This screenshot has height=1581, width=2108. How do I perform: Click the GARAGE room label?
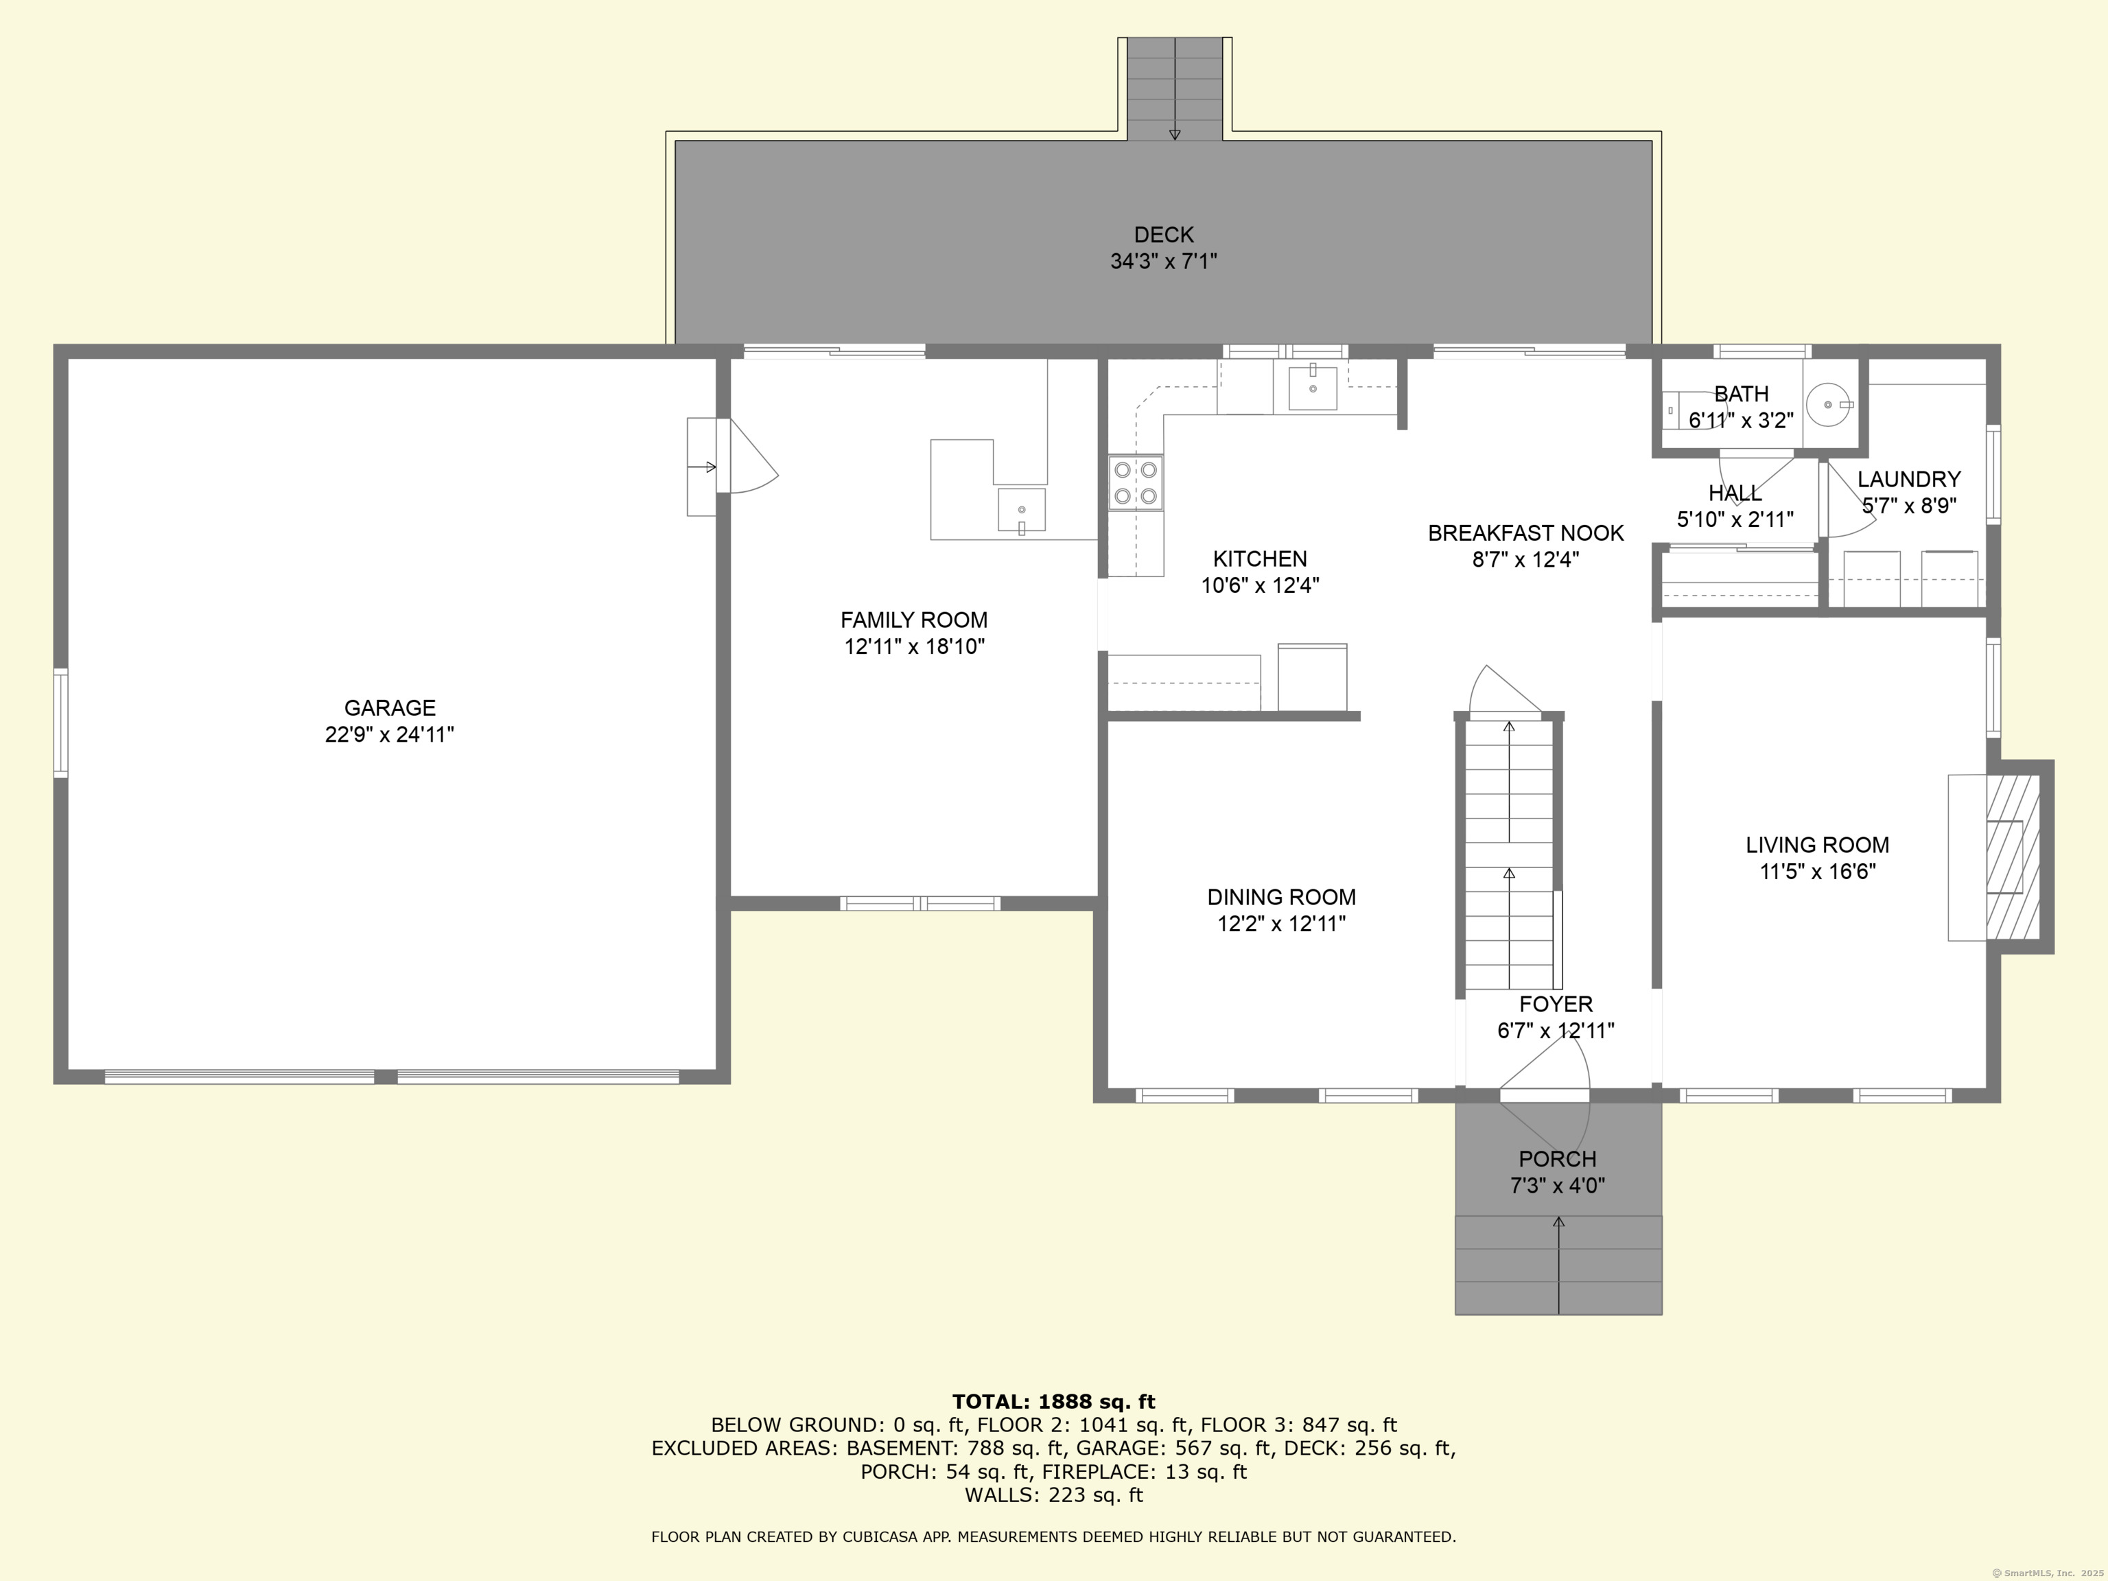click(x=389, y=707)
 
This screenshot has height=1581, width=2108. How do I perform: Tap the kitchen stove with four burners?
click(x=1135, y=482)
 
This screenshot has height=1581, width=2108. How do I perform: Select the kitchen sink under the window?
click(x=1312, y=388)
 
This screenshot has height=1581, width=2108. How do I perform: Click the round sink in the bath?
click(x=1827, y=405)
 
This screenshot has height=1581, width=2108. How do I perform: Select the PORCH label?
click(x=1557, y=1159)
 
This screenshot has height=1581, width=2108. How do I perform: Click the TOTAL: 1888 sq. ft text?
click(x=1053, y=1401)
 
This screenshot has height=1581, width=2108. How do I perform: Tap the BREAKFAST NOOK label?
click(x=1525, y=532)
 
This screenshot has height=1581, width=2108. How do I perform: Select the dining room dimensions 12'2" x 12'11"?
click(x=1281, y=924)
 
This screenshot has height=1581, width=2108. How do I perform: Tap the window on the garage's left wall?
click(x=61, y=723)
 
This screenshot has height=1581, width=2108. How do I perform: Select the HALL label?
click(x=1735, y=493)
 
